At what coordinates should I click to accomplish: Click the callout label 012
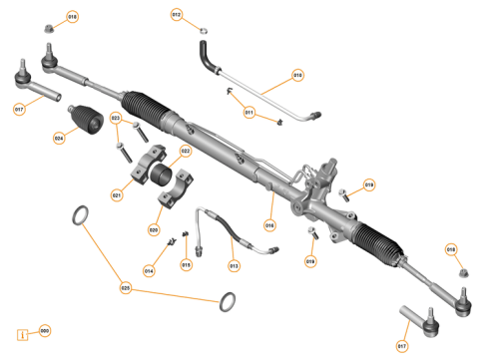177,15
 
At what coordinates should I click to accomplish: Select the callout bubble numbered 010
296,75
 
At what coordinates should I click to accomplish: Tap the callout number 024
59,138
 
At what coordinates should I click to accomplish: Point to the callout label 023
116,119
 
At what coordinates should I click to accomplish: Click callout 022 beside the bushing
186,152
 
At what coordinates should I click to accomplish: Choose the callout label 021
117,195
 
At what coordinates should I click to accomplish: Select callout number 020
154,229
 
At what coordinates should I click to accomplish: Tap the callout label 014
149,270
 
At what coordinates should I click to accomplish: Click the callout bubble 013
234,265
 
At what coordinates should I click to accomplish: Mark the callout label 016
269,225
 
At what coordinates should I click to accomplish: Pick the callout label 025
125,288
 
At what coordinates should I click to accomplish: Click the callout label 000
44,330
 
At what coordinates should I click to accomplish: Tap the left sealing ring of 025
81,213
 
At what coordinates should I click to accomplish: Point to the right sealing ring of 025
229,299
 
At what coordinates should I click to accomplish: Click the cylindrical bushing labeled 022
163,172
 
